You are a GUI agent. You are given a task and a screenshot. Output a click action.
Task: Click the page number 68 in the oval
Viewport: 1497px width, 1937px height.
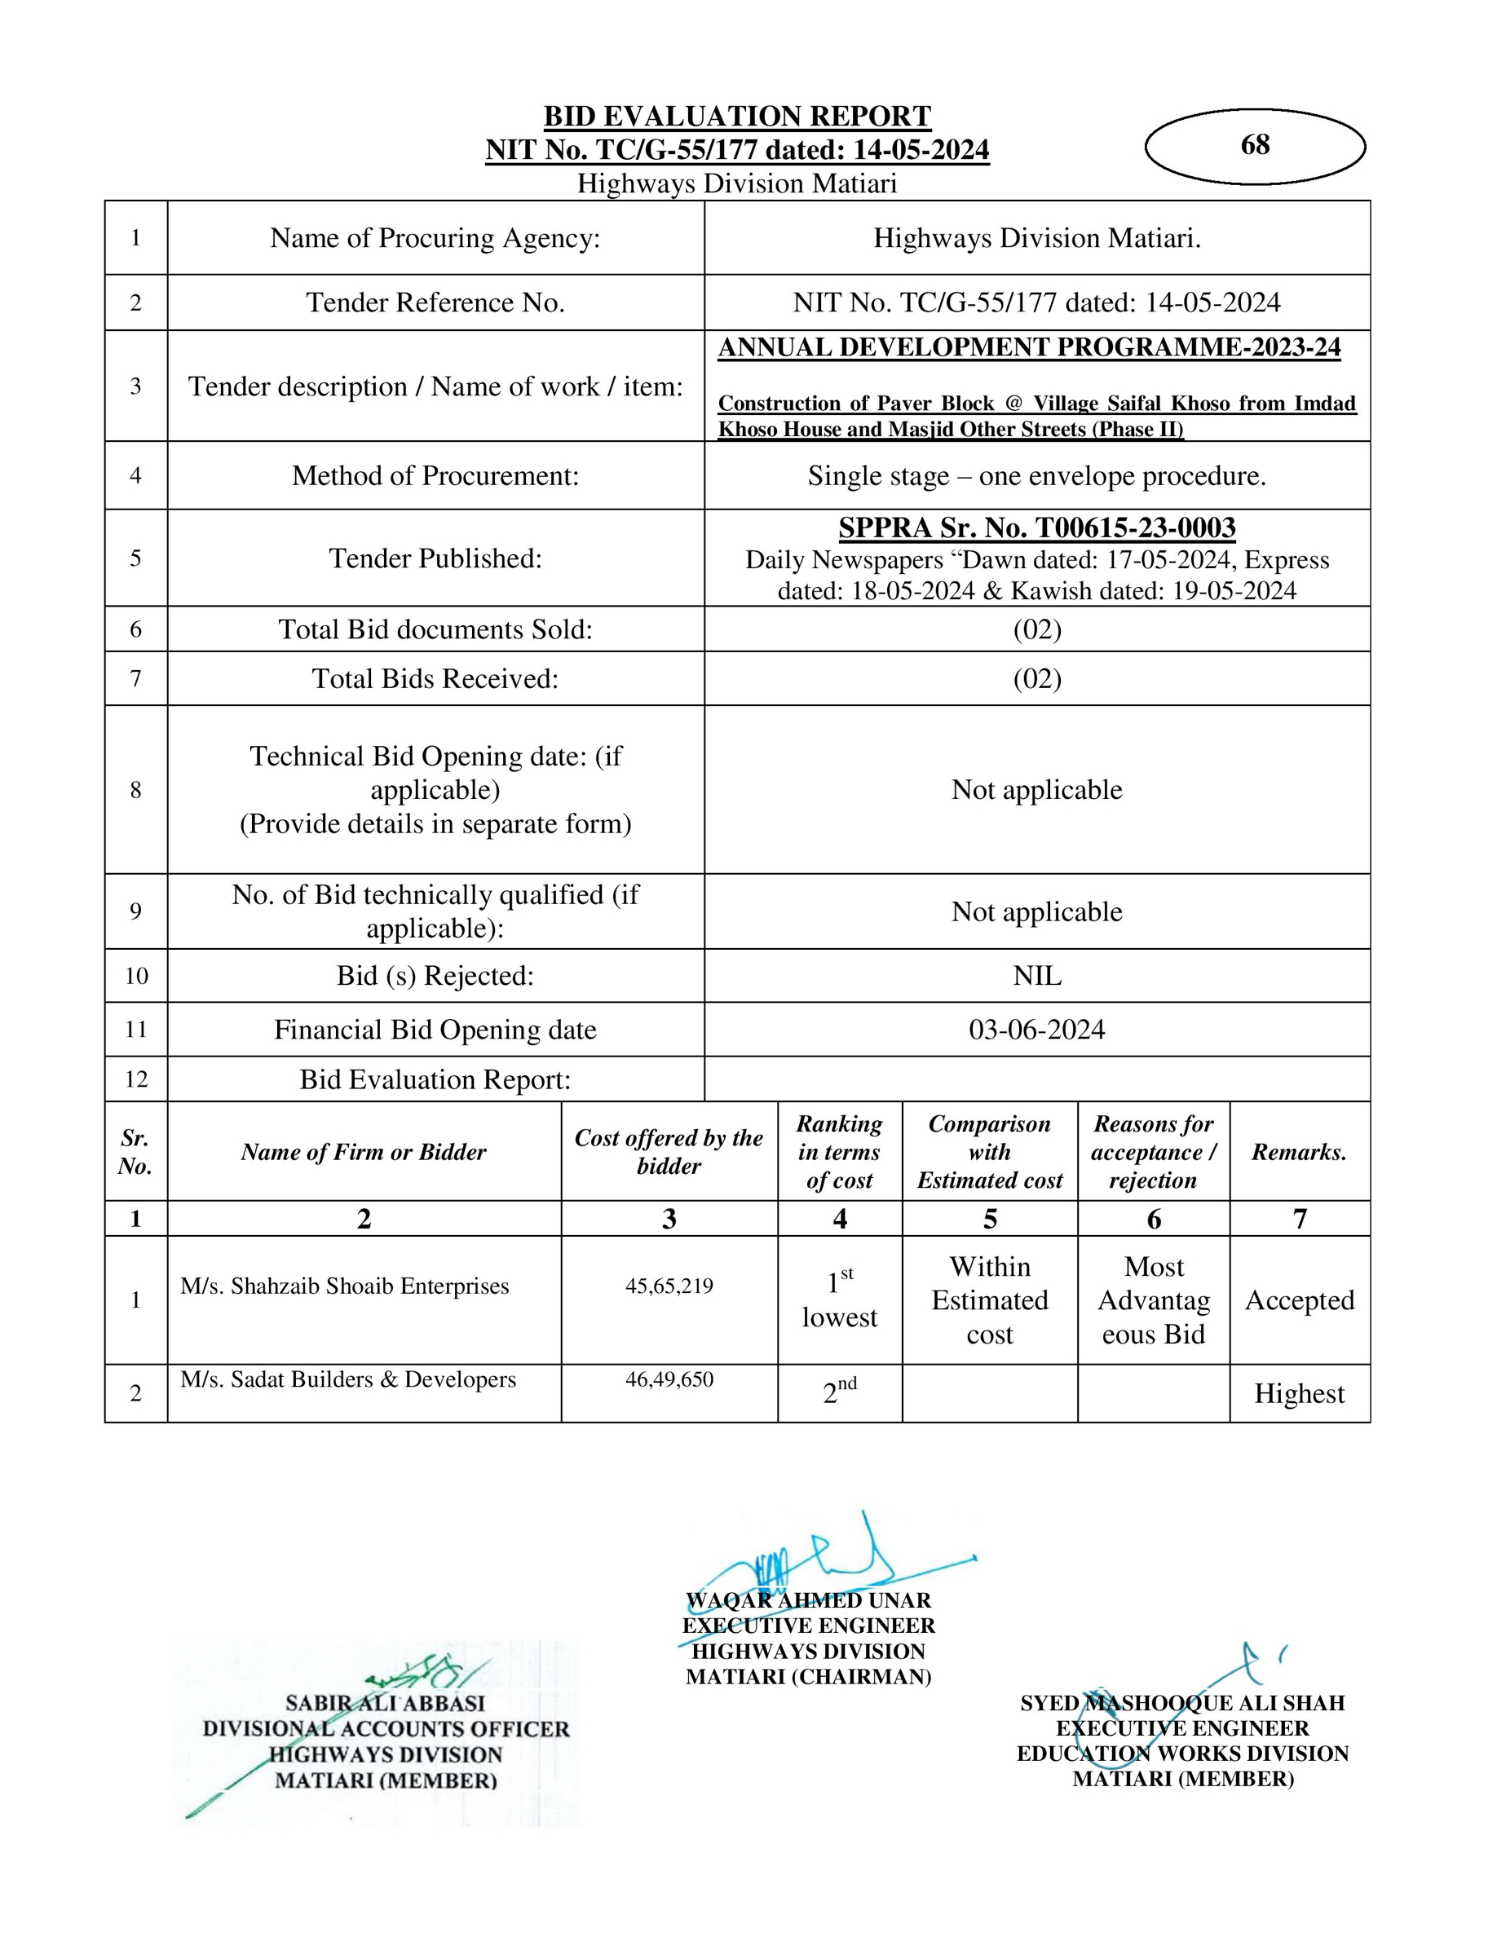pos(1255,144)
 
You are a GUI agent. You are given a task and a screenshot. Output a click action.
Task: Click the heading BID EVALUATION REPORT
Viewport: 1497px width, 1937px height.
pos(737,117)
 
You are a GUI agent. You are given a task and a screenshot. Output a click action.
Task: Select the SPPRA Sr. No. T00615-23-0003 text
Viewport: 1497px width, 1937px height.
pos(1036,527)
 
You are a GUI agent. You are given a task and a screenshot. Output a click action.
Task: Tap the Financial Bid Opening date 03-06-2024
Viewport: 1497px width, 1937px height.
pos(1036,1030)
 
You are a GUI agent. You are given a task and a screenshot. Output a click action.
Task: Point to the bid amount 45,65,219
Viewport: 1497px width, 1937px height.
pos(669,1286)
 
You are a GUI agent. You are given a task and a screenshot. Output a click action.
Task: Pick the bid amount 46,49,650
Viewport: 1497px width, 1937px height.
pos(669,1379)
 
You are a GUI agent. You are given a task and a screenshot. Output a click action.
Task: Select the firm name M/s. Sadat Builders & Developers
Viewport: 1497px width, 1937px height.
pos(347,1379)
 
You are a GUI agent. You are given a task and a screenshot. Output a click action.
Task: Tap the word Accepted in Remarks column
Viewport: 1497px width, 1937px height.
pos(1299,1300)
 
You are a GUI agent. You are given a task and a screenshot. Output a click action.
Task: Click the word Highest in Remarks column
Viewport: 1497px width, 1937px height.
pos(1299,1393)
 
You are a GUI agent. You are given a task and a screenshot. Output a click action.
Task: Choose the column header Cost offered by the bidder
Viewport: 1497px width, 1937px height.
pos(669,1151)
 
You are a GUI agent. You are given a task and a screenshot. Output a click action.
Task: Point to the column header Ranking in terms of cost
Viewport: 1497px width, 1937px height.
pos(839,1151)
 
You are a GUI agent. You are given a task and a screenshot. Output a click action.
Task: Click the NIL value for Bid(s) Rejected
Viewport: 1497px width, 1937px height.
pos(1036,976)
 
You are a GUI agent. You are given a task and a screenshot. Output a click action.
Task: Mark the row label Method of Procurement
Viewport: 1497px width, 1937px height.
pos(435,475)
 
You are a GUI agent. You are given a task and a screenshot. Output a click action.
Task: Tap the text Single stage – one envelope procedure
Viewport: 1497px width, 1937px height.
pos(1036,475)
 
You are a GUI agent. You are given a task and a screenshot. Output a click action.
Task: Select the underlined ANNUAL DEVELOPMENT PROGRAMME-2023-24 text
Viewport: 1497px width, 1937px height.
pos(1029,346)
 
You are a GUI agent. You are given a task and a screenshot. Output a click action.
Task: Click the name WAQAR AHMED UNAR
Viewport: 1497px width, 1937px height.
pos(808,1600)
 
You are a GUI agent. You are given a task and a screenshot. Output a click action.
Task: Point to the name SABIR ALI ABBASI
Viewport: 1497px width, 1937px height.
pos(385,1703)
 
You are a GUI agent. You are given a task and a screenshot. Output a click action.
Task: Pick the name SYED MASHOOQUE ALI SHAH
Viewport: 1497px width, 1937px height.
pos(1182,1703)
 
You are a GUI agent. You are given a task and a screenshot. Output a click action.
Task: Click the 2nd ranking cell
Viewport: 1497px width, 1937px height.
pos(839,1392)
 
